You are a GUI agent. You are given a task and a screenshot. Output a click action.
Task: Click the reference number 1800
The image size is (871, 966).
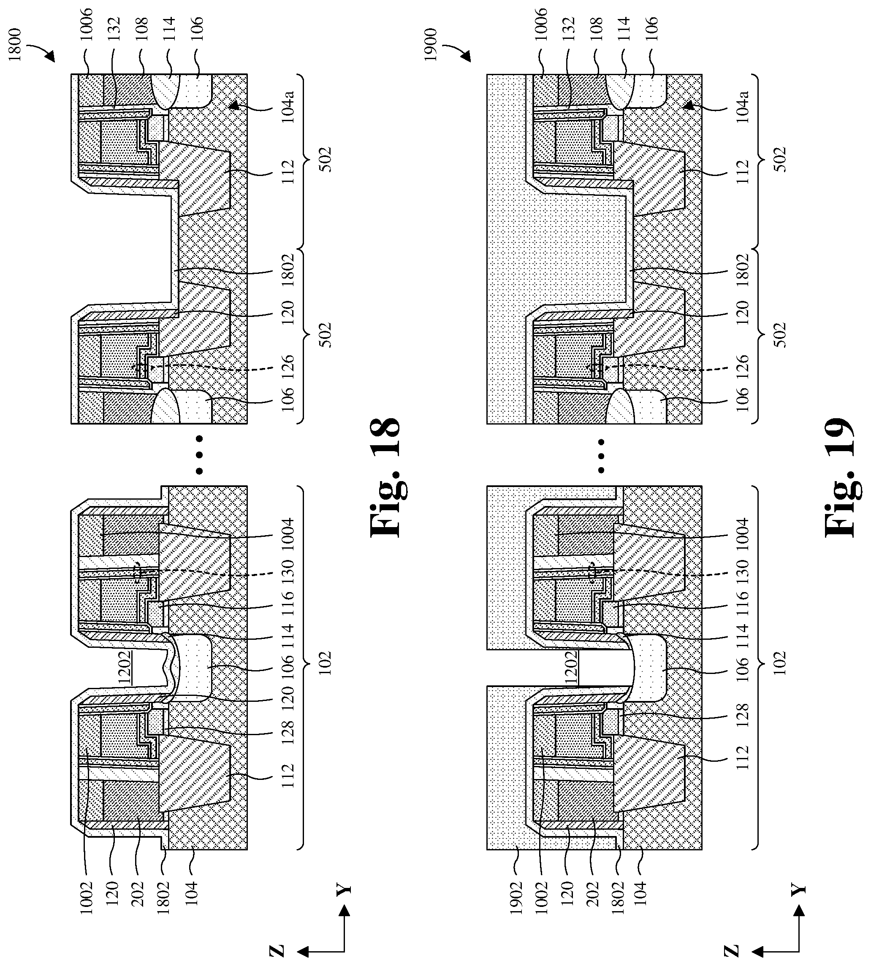click(x=15, y=44)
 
